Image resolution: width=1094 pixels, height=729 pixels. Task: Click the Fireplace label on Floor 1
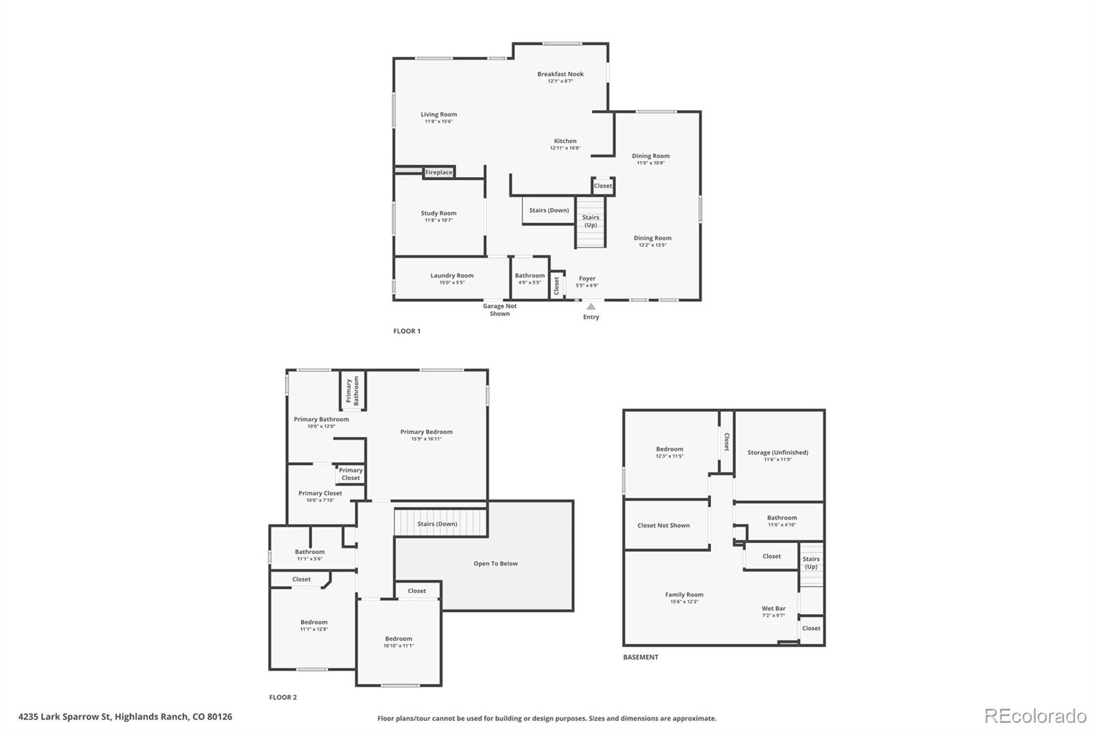[x=439, y=172]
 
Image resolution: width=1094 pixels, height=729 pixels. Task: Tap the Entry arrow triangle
[x=591, y=307]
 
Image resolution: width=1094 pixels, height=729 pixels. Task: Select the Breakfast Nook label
[x=560, y=74]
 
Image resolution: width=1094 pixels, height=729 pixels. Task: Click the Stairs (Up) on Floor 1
[x=590, y=221]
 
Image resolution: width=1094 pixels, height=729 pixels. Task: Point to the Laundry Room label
[x=452, y=276]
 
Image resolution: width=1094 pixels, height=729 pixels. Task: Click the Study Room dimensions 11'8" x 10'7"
[x=438, y=220]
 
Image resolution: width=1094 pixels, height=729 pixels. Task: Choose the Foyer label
[x=587, y=278]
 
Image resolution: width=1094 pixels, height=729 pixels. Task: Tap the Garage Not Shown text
[x=500, y=310]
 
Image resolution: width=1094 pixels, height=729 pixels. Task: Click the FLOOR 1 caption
[x=407, y=331]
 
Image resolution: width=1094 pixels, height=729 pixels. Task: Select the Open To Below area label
[x=496, y=564]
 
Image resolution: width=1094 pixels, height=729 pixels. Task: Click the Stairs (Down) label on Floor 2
[x=438, y=524]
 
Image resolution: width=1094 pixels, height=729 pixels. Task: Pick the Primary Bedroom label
[x=426, y=432]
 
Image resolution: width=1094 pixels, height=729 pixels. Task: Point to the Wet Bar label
[x=773, y=608]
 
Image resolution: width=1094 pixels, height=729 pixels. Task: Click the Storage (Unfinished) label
[x=777, y=452]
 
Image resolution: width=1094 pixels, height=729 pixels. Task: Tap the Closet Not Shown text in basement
[x=663, y=525]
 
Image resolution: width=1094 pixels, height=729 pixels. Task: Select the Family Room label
[x=684, y=594]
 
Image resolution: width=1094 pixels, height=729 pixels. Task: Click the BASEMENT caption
[x=641, y=657]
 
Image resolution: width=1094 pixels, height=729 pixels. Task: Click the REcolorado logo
[x=1035, y=716]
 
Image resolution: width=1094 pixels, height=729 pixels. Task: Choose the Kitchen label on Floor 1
[x=565, y=141]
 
